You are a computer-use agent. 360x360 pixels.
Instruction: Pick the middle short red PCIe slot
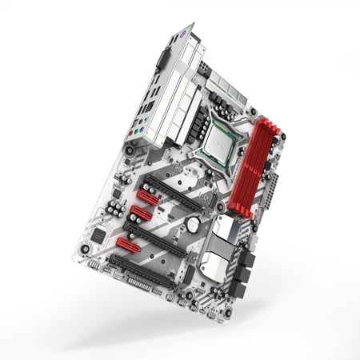[140, 213]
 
